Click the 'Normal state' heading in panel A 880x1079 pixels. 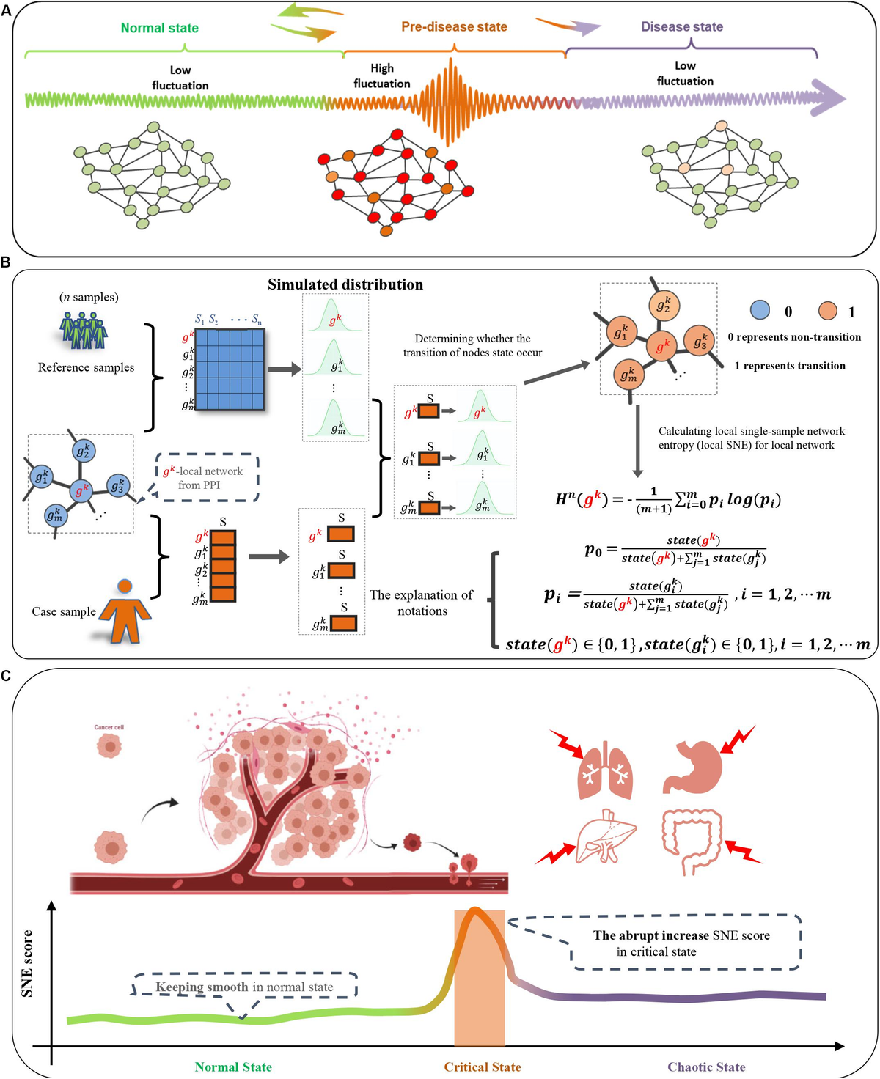pyautogui.click(x=159, y=28)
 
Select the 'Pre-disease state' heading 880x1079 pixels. pyautogui.click(x=454, y=26)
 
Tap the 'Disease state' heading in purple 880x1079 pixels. pyautogui.click(x=681, y=26)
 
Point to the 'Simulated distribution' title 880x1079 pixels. pyautogui.click(x=345, y=284)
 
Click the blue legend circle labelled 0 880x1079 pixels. pyautogui.click(x=760, y=311)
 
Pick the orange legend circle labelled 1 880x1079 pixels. pyautogui.click(x=828, y=311)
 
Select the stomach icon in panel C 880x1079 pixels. pyautogui.click(x=694, y=766)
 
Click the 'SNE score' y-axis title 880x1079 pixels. pyautogui.click(x=28, y=963)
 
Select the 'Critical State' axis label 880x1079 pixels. pyautogui.click(x=482, y=1067)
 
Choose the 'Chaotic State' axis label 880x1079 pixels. pyautogui.click(x=705, y=1067)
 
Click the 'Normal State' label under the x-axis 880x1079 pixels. pyautogui.click(x=233, y=1067)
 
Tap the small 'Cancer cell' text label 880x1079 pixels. pyautogui.click(x=109, y=727)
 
